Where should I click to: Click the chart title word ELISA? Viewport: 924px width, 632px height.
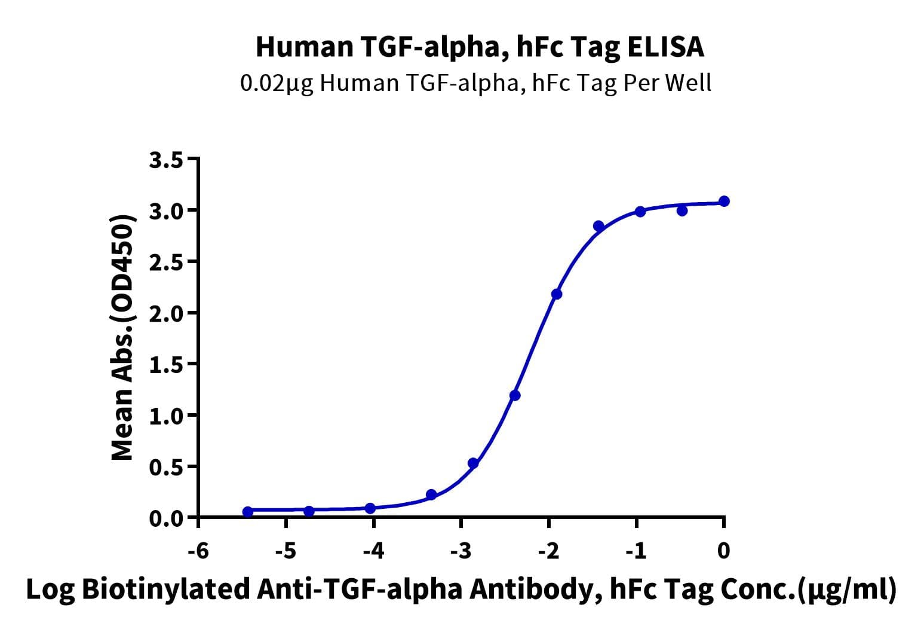tap(665, 47)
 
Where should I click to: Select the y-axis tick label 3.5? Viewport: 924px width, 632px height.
tap(166, 160)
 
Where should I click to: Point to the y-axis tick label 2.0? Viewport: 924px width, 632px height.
tap(166, 314)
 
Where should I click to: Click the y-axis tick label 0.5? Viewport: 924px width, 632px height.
tap(166, 468)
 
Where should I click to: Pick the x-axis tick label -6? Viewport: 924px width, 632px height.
tap(198, 551)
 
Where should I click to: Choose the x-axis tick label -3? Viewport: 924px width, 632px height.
tap(461, 551)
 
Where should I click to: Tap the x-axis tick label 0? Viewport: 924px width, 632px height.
tap(723, 551)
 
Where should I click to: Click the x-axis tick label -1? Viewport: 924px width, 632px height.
tap(636, 551)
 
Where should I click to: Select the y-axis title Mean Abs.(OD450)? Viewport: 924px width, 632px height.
tap(122, 337)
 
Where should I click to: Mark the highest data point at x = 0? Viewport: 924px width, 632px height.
tap(724, 201)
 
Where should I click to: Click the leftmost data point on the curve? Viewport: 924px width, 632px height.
tap(248, 512)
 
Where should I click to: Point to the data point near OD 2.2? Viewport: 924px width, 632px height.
tap(557, 294)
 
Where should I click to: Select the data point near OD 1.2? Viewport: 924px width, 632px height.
tap(515, 396)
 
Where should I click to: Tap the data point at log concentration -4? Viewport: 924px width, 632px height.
tap(370, 508)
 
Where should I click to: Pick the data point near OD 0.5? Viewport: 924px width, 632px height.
tap(473, 463)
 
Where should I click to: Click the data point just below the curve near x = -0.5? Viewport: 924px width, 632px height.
tap(682, 211)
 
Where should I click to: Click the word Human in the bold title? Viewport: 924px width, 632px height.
tap(305, 47)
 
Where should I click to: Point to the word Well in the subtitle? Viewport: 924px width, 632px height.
tap(689, 83)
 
